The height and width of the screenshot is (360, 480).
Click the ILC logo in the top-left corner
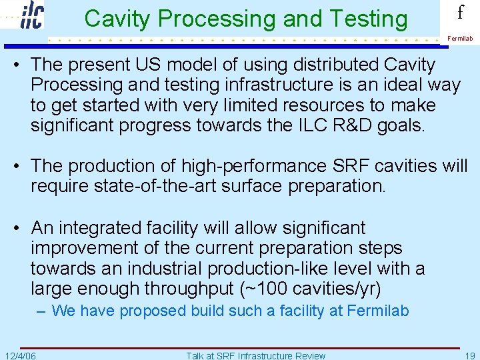[32, 15]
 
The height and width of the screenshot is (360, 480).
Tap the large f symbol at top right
[460, 13]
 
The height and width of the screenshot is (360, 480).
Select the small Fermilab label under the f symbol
[460, 39]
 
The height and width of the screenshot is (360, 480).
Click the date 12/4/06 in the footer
[20, 355]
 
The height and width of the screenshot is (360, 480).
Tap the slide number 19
[469, 355]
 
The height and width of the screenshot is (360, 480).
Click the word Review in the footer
[309, 355]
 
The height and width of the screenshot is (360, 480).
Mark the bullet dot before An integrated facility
[20, 228]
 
